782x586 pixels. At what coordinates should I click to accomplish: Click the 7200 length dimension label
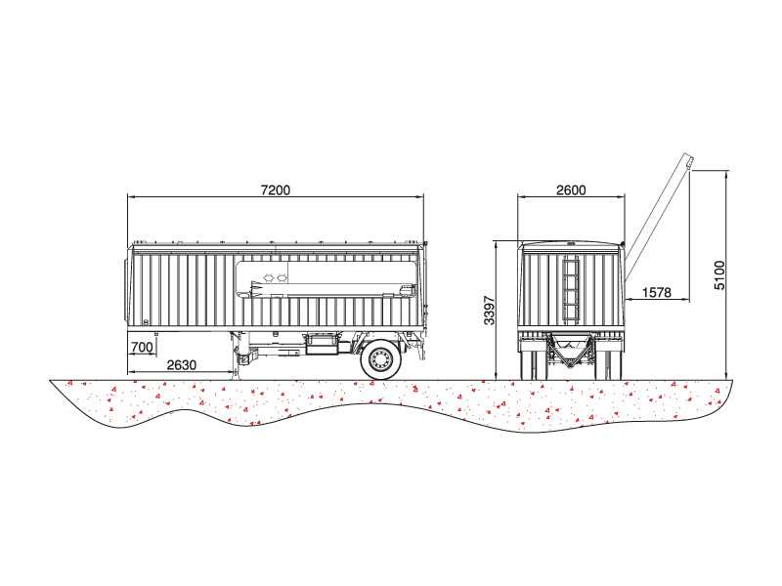tap(276, 190)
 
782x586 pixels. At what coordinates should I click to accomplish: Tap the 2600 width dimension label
tap(571, 190)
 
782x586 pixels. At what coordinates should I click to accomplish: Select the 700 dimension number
tap(142, 347)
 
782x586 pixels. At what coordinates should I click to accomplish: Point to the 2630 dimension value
tap(182, 365)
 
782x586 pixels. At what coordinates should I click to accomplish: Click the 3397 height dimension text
tap(490, 311)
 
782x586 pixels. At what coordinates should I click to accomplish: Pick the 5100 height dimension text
tap(719, 275)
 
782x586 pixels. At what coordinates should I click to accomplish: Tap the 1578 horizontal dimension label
tap(656, 292)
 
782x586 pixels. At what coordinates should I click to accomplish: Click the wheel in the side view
tap(380, 359)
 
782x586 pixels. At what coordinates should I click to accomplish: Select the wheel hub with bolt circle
tap(380, 359)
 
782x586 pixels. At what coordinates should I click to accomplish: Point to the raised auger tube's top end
tap(689, 161)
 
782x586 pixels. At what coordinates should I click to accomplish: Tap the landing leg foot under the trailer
tap(235, 375)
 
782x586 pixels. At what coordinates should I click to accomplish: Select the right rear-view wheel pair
tap(609, 359)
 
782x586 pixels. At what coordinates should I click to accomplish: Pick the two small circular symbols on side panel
tap(276, 276)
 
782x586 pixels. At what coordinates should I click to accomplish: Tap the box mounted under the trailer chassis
tap(322, 345)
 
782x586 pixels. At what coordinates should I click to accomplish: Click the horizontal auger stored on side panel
tap(331, 290)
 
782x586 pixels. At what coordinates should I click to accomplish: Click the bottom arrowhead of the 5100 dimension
tap(726, 376)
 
